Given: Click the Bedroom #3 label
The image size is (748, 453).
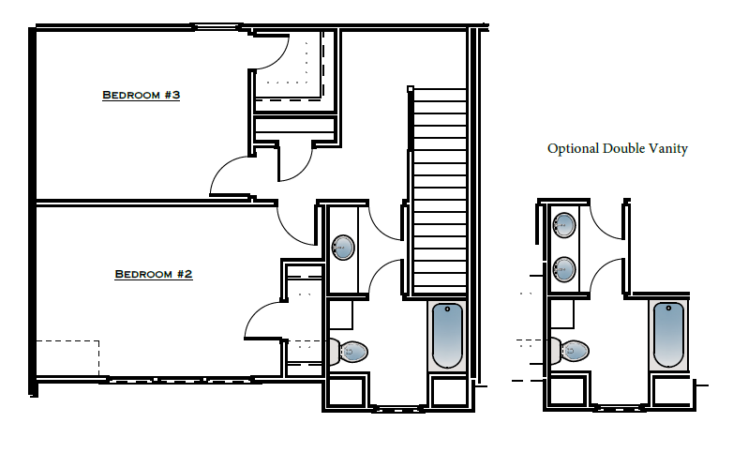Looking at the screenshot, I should coord(140,96).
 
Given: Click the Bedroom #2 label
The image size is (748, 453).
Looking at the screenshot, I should coord(153,274).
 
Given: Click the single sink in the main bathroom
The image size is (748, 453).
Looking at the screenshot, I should coord(343,248).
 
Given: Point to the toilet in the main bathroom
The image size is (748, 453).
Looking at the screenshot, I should coord(351,352).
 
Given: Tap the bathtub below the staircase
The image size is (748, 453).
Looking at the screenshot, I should coord(447,336).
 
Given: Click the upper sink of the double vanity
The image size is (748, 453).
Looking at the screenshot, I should coord(564,224).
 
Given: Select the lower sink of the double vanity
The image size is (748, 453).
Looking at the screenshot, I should coord(564,269).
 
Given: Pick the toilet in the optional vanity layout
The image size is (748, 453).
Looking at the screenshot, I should coord(571,352).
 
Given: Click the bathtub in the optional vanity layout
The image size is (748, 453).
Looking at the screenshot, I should coord(668,336).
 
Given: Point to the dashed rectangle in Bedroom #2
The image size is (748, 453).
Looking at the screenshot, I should coord(67,357).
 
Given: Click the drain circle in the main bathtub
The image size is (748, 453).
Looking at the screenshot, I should coord(447,309).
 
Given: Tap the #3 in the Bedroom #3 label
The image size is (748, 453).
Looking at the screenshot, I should coord(171,96).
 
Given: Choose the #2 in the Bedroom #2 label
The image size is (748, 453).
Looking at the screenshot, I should coord(184,274).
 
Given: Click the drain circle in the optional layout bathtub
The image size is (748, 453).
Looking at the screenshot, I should coord(668,309).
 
